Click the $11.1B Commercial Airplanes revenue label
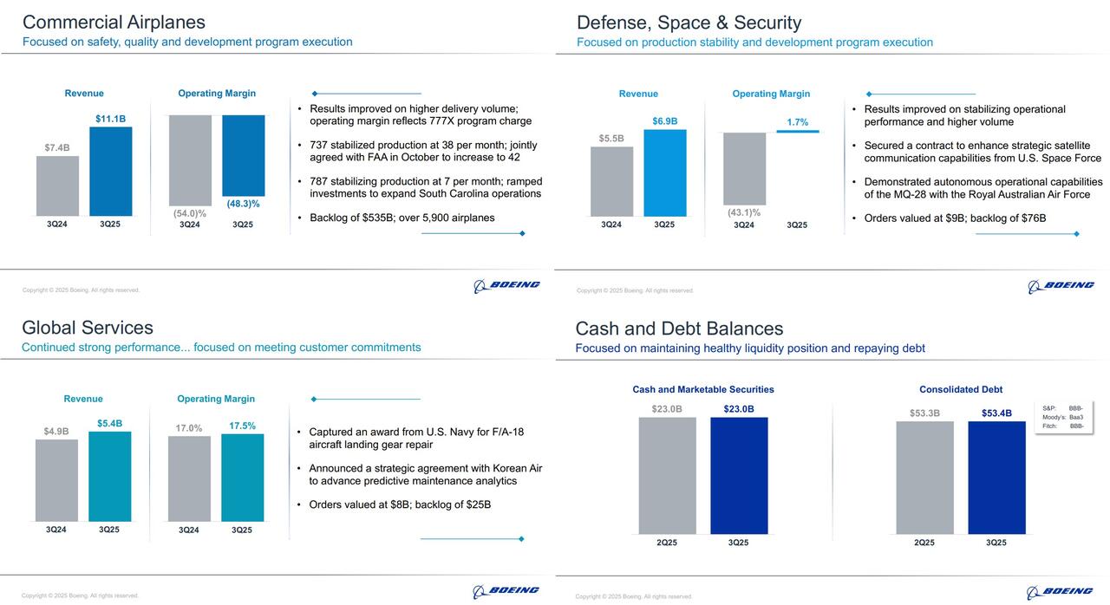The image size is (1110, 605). click(110, 118)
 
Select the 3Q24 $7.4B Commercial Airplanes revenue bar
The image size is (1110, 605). click(57, 185)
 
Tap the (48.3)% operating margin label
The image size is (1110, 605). click(243, 204)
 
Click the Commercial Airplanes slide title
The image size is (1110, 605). click(114, 23)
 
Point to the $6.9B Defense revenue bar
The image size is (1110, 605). click(664, 172)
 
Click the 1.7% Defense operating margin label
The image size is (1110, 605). click(797, 122)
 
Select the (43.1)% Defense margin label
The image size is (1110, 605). click(744, 212)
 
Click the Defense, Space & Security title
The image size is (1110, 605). click(689, 23)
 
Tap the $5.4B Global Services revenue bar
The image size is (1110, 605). click(109, 476)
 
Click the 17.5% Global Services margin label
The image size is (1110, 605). click(242, 426)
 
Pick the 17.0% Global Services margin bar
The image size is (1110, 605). click(189, 478)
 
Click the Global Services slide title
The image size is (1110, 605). click(88, 328)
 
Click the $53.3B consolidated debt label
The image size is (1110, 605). click(924, 413)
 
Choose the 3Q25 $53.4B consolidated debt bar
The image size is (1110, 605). click(996, 478)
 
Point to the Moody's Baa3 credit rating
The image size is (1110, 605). click(1062, 417)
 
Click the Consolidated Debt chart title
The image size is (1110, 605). click(961, 389)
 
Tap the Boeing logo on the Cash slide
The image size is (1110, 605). click(1060, 592)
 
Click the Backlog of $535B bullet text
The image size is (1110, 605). click(402, 218)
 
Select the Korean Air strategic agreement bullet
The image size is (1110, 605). click(425, 474)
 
